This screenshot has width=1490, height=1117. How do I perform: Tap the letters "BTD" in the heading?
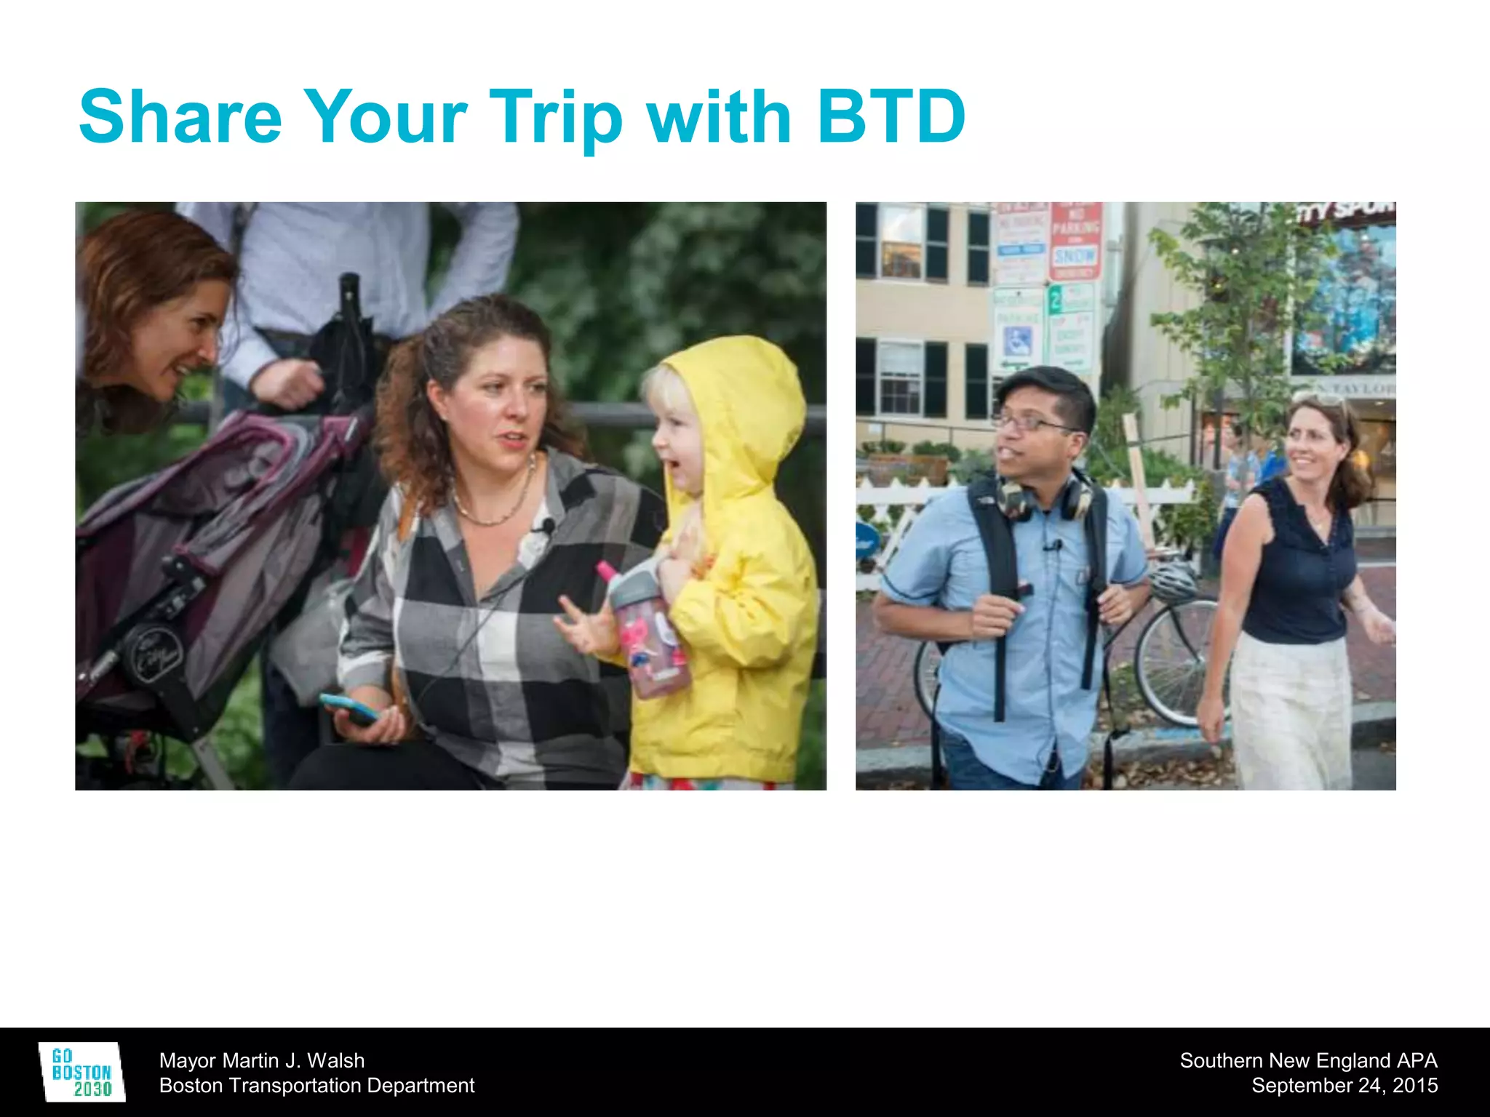[891, 116]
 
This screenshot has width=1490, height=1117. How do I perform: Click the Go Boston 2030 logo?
[81, 1072]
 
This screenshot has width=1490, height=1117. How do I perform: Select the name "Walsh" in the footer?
[335, 1060]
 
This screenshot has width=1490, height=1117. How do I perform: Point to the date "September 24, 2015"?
[1344, 1085]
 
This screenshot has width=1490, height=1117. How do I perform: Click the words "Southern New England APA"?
[1308, 1060]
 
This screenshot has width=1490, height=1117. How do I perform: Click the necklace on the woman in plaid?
[495, 509]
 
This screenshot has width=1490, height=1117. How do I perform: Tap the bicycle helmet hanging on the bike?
[1171, 582]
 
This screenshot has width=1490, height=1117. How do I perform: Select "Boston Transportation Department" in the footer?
[316, 1085]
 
